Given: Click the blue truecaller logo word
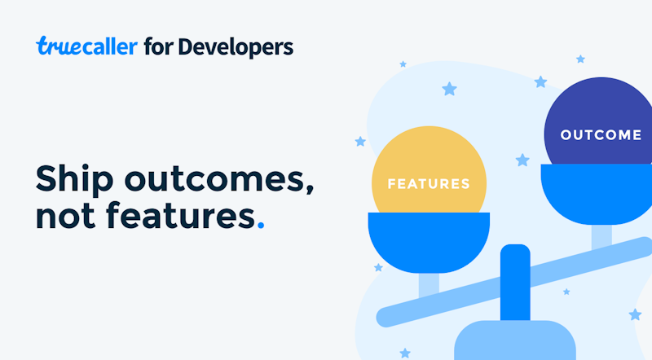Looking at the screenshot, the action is [x=86, y=46].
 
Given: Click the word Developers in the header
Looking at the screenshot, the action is [x=236, y=47].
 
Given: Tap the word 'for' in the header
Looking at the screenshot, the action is [x=158, y=46].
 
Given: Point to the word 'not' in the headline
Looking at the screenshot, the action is [x=65, y=216].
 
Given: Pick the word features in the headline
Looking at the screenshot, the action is [x=180, y=214].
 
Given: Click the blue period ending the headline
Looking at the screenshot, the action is [x=261, y=225].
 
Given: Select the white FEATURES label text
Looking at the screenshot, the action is [x=429, y=184].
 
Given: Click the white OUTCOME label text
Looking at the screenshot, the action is [x=601, y=134].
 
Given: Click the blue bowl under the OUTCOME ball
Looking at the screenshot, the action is [x=597, y=193].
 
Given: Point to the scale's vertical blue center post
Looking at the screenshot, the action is [x=515, y=283].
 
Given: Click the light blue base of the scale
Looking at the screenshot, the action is [x=515, y=340].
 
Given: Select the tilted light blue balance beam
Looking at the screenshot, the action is [x=514, y=282].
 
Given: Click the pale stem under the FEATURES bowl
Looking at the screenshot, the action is [x=429, y=285].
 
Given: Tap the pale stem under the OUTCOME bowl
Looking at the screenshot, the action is [x=601, y=237].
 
